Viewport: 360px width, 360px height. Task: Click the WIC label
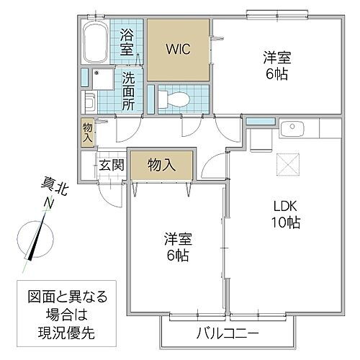point(178,50)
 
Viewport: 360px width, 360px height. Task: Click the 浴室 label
point(127,42)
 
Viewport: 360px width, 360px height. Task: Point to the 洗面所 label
point(128,91)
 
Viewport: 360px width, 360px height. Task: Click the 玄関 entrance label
point(112,164)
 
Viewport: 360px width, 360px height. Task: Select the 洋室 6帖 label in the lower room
point(176,247)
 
